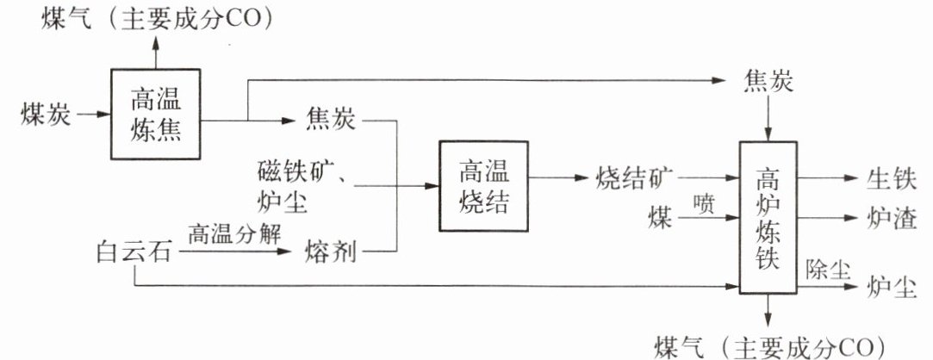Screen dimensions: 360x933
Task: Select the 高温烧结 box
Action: pyautogui.click(x=483, y=185)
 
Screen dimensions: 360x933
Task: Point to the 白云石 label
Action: pyautogui.click(x=134, y=253)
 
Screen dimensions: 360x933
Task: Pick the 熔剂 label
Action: pyautogui.click(x=331, y=253)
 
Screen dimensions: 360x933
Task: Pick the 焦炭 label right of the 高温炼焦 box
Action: pyautogui.click(x=331, y=121)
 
